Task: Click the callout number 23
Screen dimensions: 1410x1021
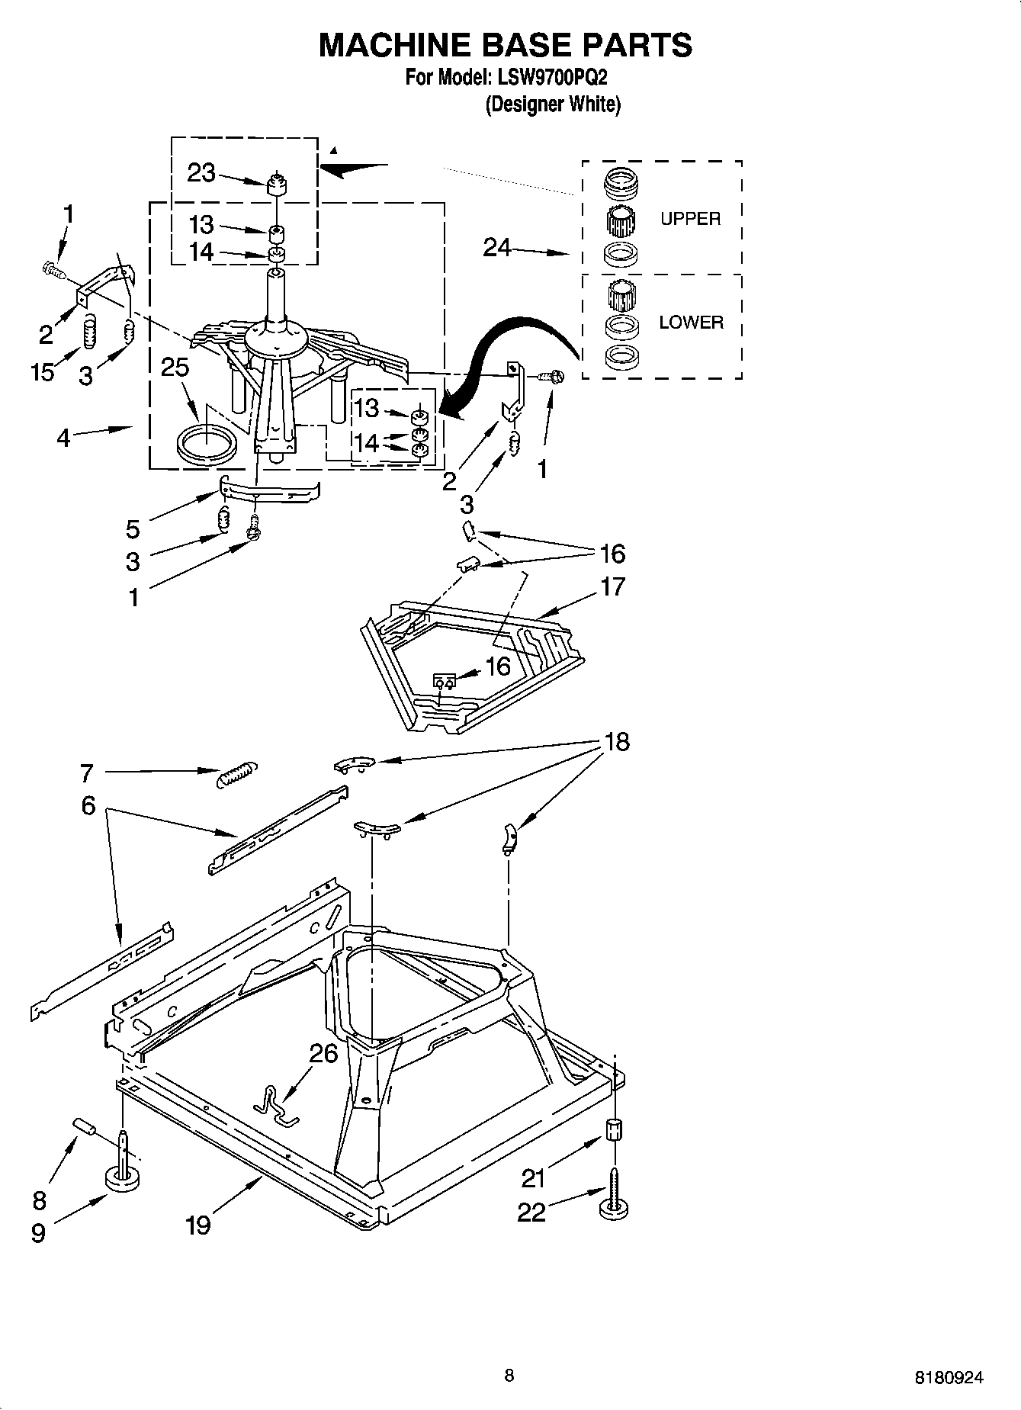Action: coord(201,174)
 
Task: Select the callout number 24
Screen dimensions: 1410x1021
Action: coord(497,247)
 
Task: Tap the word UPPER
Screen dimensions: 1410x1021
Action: coord(690,219)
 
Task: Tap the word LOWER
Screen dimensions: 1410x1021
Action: coord(691,323)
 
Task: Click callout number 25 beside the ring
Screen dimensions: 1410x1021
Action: coord(175,368)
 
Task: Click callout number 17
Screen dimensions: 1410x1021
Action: coord(612,586)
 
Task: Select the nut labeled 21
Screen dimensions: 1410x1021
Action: coord(615,1129)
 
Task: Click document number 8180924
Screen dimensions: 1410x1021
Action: coord(949,1377)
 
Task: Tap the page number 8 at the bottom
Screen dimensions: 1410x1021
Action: coord(509,1375)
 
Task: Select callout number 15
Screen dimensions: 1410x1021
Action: coord(43,372)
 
